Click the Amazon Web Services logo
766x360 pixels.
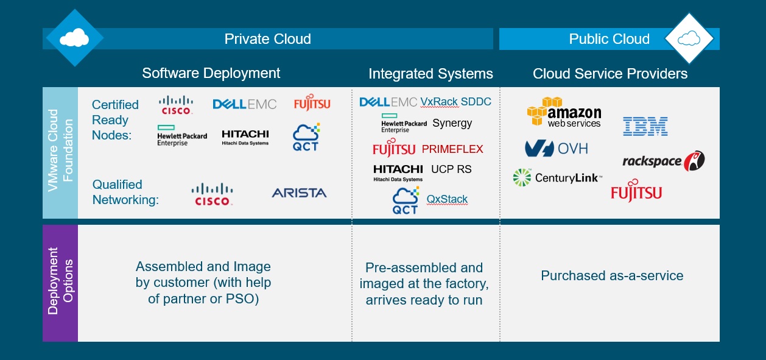coord(564,113)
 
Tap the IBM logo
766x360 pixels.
coord(645,126)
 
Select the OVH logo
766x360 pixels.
coord(556,148)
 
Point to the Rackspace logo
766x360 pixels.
coord(663,161)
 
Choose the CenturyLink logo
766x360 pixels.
coord(558,178)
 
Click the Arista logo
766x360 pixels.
coord(299,193)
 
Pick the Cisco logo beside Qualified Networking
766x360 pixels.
coord(213,194)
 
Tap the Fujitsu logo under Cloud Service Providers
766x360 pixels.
coord(636,191)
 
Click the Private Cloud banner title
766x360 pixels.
coord(267,39)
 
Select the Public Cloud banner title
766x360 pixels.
coord(609,39)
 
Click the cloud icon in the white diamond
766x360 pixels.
coord(689,40)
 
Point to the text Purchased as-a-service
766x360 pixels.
coord(612,276)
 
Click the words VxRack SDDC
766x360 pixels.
coord(455,102)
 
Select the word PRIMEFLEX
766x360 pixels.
coord(452,149)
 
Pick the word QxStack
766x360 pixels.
coord(447,199)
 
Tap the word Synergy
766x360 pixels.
coord(452,123)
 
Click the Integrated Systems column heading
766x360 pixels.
coord(430,74)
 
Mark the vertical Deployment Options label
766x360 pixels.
coord(60,281)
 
